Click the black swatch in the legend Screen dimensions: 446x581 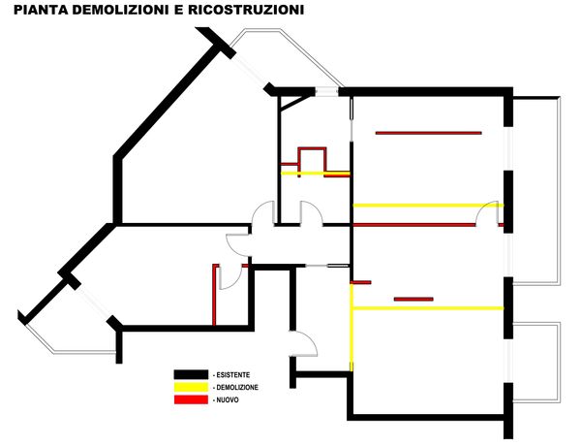point(191,374)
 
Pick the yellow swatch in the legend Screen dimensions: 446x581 point(191,387)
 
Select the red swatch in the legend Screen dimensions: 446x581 point(191,399)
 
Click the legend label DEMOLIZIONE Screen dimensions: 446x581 point(238,387)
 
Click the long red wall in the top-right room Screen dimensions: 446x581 point(428,133)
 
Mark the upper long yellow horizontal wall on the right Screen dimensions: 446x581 point(426,205)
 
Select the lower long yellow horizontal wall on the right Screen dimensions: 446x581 point(426,308)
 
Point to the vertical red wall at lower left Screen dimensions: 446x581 point(213,294)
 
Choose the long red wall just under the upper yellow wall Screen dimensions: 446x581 point(414,225)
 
